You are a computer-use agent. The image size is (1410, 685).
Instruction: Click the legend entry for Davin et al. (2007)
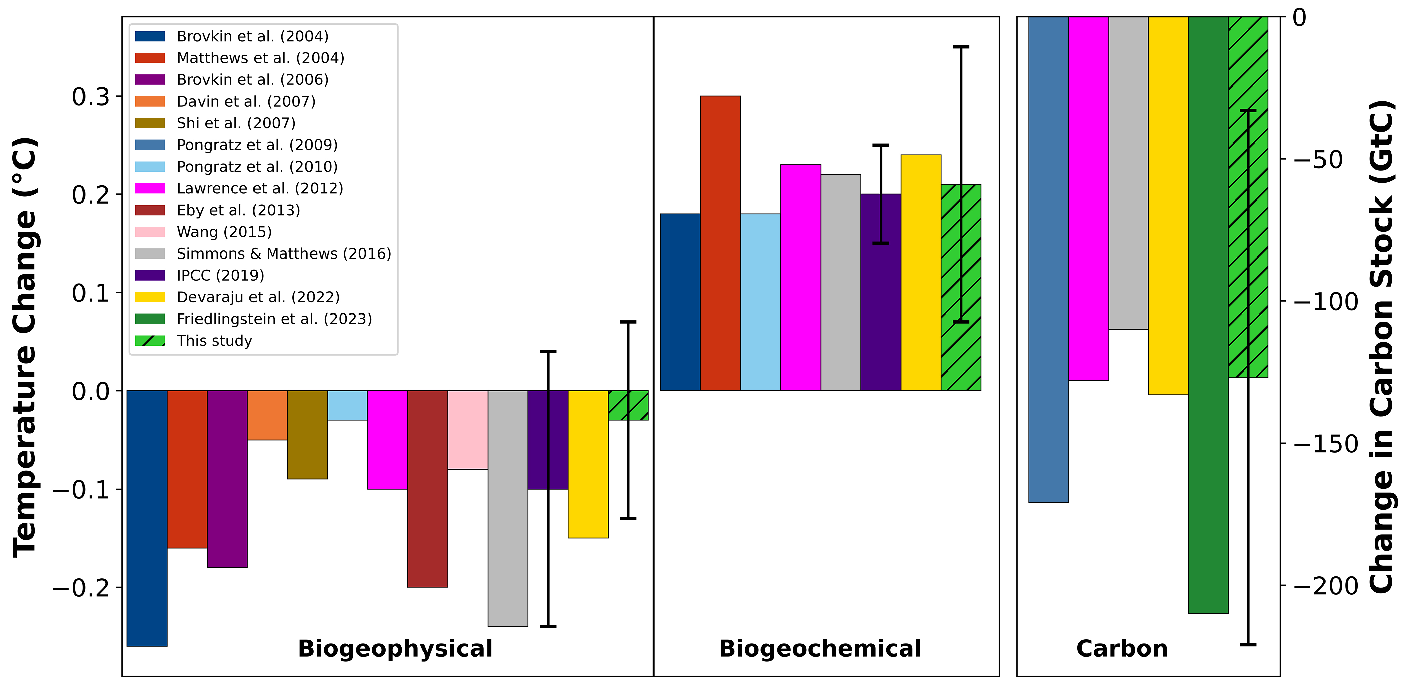(245, 101)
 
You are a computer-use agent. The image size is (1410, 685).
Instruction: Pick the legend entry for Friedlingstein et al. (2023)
(274, 319)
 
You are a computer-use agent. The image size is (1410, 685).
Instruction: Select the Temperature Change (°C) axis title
(24, 347)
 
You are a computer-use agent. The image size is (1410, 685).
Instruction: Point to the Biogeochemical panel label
(820, 649)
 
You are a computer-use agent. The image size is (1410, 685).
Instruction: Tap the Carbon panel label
(1122, 649)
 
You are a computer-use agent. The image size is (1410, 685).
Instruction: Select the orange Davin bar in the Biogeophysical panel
(267, 415)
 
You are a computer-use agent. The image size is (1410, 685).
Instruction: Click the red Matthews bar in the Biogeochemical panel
(720, 243)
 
